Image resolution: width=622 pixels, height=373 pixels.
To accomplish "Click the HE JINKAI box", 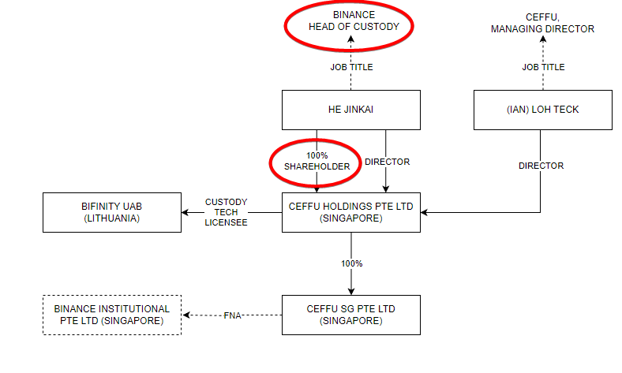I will point(351,110).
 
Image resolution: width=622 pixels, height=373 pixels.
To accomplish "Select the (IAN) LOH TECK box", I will point(542,110).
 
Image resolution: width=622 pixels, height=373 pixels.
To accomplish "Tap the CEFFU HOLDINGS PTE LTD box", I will point(351,212).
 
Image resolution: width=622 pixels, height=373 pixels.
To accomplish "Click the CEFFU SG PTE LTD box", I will point(351,315).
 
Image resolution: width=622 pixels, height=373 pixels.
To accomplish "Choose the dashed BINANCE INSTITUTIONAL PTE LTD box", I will point(111,315).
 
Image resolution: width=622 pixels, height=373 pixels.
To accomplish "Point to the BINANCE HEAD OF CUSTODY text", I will point(351,21).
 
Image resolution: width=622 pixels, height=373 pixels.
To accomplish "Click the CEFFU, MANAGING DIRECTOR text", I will point(542,23).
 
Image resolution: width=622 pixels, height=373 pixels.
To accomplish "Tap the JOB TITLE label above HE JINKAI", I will point(351,68).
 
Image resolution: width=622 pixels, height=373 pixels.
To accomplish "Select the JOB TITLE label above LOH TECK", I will point(543,68).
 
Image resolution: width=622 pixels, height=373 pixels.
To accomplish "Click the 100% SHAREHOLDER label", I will point(317,162).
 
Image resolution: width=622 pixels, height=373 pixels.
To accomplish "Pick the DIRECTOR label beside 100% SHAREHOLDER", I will point(387,162).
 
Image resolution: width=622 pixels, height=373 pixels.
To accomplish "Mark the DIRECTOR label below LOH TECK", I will point(541,166).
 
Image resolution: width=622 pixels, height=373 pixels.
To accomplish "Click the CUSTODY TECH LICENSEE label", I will point(227,212).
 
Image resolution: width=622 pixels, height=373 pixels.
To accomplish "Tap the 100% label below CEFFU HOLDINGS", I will point(351,263).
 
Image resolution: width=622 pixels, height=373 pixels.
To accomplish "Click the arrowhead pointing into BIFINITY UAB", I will point(186,212).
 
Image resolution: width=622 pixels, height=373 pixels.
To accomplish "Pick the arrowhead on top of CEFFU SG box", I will point(351,290).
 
